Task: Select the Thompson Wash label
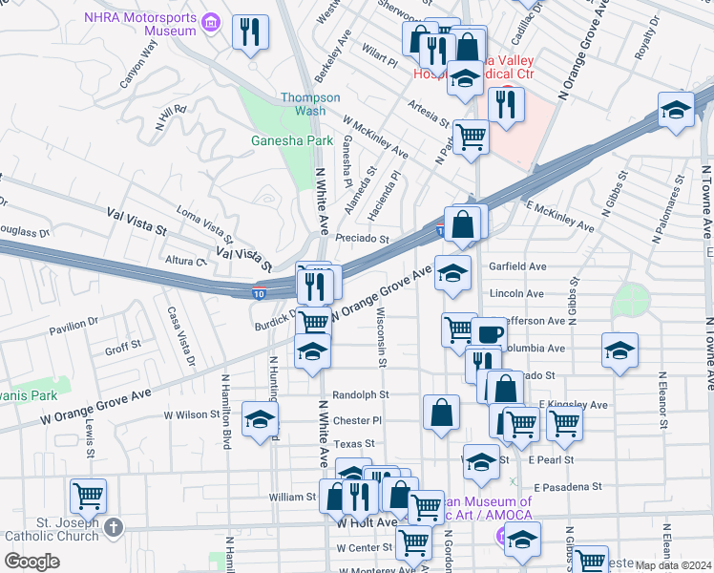click(x=310, y=104)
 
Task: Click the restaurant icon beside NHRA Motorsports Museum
click(x=250, y=32)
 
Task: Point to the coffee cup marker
click(x=489, y=334)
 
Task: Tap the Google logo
click(x=32, y=562)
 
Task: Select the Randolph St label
click(x=361, y=394)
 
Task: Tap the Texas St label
click(x=354, y=444)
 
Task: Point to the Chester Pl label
click(x=357, y=420)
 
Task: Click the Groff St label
click(x=123, y=349)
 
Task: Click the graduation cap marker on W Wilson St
click(x=260, y=419)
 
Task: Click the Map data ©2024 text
click(x=673, y=565)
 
